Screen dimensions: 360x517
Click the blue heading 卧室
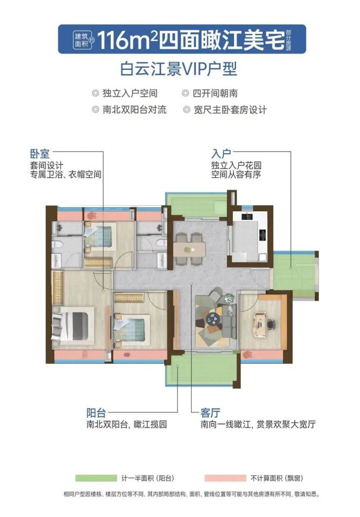point(39,154)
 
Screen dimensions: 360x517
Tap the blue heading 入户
point(221,154)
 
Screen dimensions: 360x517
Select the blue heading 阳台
point(96,413)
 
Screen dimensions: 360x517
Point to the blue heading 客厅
point(210,413)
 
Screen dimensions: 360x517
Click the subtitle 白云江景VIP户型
point(179,69)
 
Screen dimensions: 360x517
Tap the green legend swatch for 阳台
point(96,478)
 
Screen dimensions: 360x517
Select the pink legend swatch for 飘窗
point(225,478)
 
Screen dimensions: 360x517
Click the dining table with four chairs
point(190,249)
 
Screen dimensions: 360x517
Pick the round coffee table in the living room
point(213,319)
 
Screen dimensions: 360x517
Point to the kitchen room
point(250,236)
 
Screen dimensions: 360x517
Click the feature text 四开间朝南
point(215,94)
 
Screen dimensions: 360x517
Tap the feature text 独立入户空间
point(130,94)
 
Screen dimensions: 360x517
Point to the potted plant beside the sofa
point(228,299)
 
